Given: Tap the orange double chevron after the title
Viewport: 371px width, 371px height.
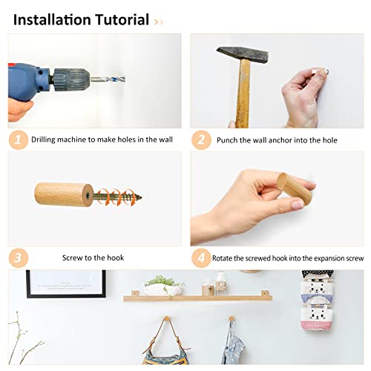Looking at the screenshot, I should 158,21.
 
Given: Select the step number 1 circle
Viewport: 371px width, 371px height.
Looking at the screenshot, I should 17,139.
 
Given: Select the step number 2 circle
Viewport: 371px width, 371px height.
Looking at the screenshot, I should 199,139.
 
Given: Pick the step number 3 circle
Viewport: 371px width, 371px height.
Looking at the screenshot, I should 17,257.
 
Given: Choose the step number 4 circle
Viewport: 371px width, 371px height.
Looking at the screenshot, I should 199,257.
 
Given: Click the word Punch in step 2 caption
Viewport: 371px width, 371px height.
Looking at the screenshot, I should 229,139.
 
